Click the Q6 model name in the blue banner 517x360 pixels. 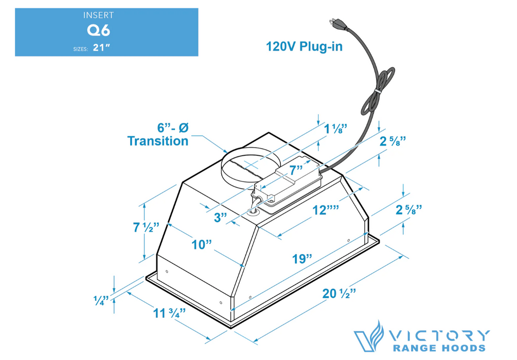[98, 30]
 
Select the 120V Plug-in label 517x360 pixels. [304, 47]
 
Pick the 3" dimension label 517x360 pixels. [221, 217]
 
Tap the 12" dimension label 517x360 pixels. [325, 210]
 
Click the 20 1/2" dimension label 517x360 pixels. [340, 294]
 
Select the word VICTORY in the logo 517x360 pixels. [440, 335]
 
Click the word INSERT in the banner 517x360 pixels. [98, 15]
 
